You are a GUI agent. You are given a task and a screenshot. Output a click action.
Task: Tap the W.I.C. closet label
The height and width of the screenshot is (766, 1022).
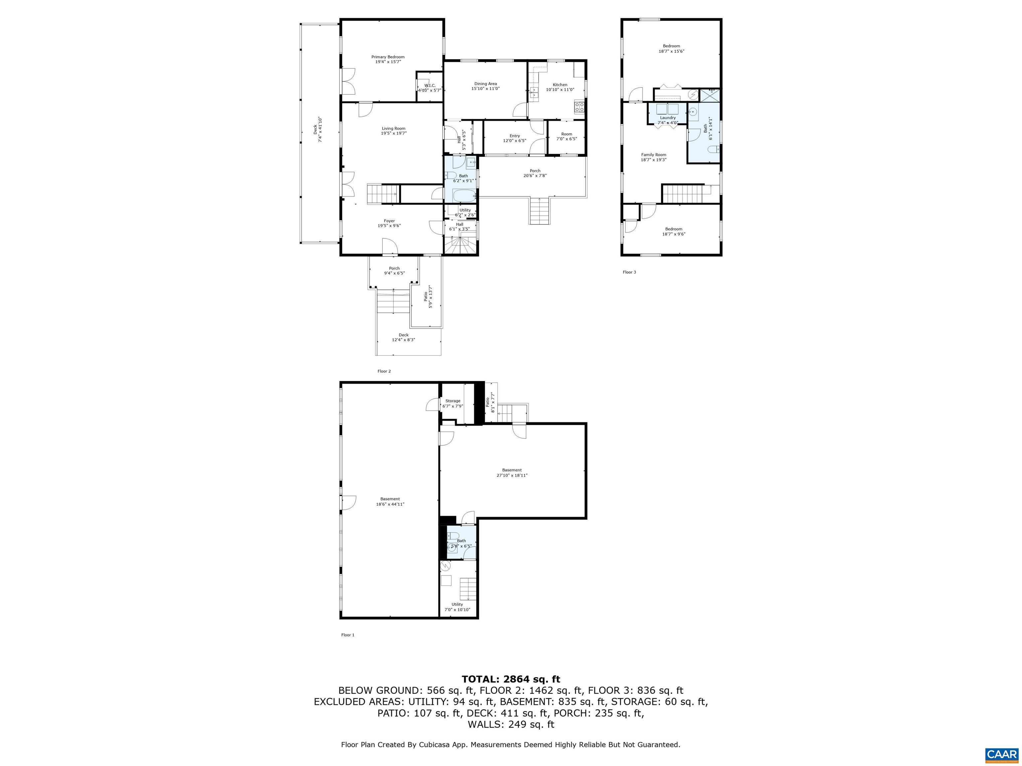coord(430,85)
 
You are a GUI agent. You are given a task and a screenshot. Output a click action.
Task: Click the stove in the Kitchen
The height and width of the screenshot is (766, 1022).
coord(580,107)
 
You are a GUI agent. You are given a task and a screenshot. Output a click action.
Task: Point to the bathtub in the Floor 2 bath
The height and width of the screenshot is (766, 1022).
coord(464,196)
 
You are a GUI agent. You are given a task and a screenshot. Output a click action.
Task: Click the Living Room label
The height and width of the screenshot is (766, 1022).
coord(393,128)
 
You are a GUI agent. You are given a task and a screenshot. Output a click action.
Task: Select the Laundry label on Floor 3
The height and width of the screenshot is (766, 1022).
coord(668,118)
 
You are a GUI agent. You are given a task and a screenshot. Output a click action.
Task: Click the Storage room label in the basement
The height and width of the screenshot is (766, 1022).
coord(452,401)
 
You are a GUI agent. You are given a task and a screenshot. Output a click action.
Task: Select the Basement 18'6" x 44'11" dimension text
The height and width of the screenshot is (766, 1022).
coord(390,504)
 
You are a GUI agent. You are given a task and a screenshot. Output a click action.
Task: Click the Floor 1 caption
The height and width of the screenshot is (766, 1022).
coord(347,635)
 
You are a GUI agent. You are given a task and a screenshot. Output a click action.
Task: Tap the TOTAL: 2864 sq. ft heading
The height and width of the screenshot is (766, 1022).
coord(511,679)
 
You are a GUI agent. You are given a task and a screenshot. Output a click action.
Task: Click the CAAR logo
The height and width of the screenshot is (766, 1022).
coord(1001,754)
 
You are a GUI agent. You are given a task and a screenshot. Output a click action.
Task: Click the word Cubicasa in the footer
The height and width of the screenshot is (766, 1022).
coord(436,744)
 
